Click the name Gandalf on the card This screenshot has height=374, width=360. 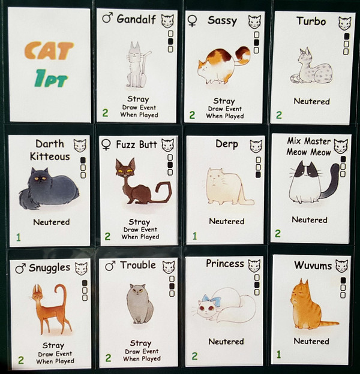[x=136, y=19]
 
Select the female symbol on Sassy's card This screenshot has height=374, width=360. [x=193, y=20]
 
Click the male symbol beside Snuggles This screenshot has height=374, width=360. [x=20, y=269]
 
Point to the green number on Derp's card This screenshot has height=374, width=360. [x=195, y=236]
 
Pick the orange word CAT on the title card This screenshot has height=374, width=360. [x=49, y=50]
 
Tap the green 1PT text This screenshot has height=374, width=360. [x=51, y=78]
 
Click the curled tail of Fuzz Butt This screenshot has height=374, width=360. [x=164, y=191]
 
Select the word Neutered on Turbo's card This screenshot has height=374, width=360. [x=311, y=101]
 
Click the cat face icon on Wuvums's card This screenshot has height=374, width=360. [x=341, y=266]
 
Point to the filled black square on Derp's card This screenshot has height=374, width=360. [x=259, y=175]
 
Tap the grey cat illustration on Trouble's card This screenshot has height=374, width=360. [x=140, y=304]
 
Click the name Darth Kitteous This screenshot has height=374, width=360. [x=50, y=150]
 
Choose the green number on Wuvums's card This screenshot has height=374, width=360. [x=278, y=354]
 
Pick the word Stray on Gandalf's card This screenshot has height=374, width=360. [x=138, y=99]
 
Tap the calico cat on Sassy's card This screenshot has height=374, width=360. [x=223, y=65]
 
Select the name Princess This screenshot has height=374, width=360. [x=225, y=264]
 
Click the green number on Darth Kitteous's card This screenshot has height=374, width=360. [x=19, y=237]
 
